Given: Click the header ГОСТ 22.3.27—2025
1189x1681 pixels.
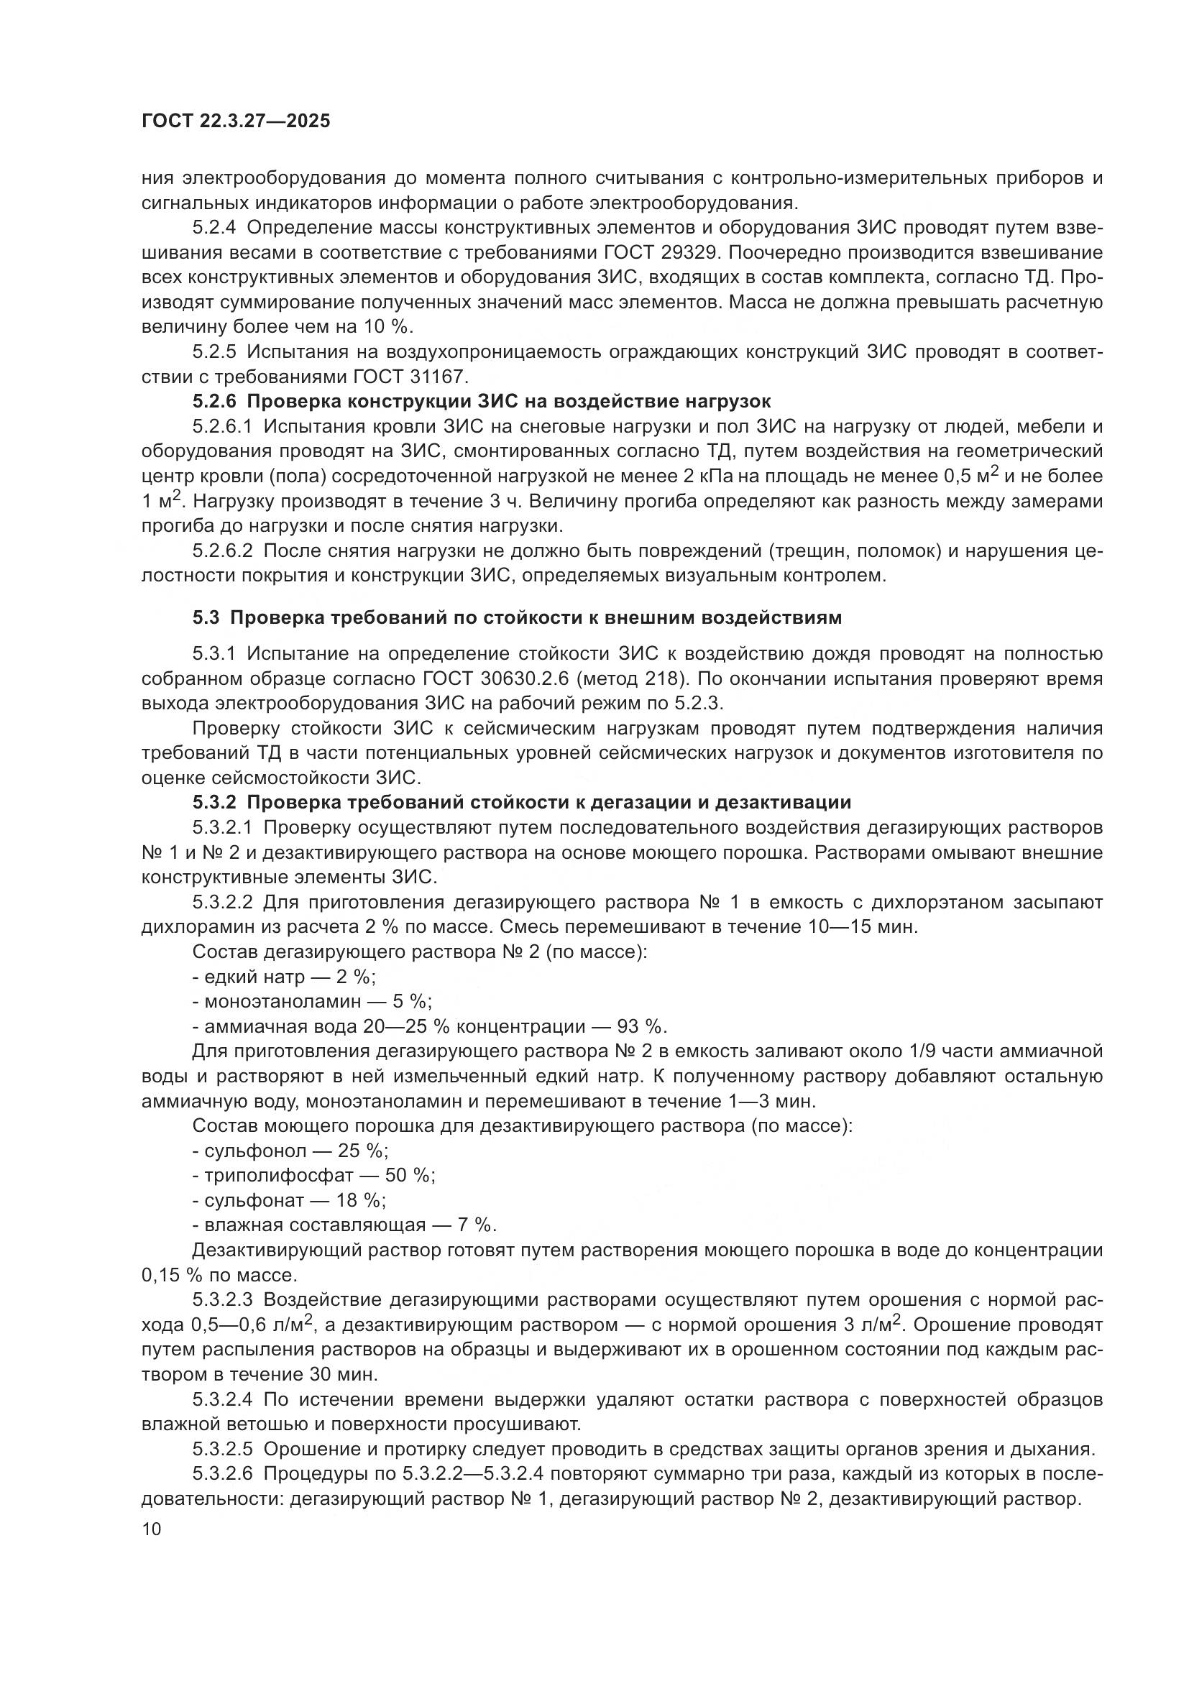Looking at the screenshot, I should click(236, 121).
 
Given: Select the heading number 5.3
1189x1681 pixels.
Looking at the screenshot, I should click(206, 617).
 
